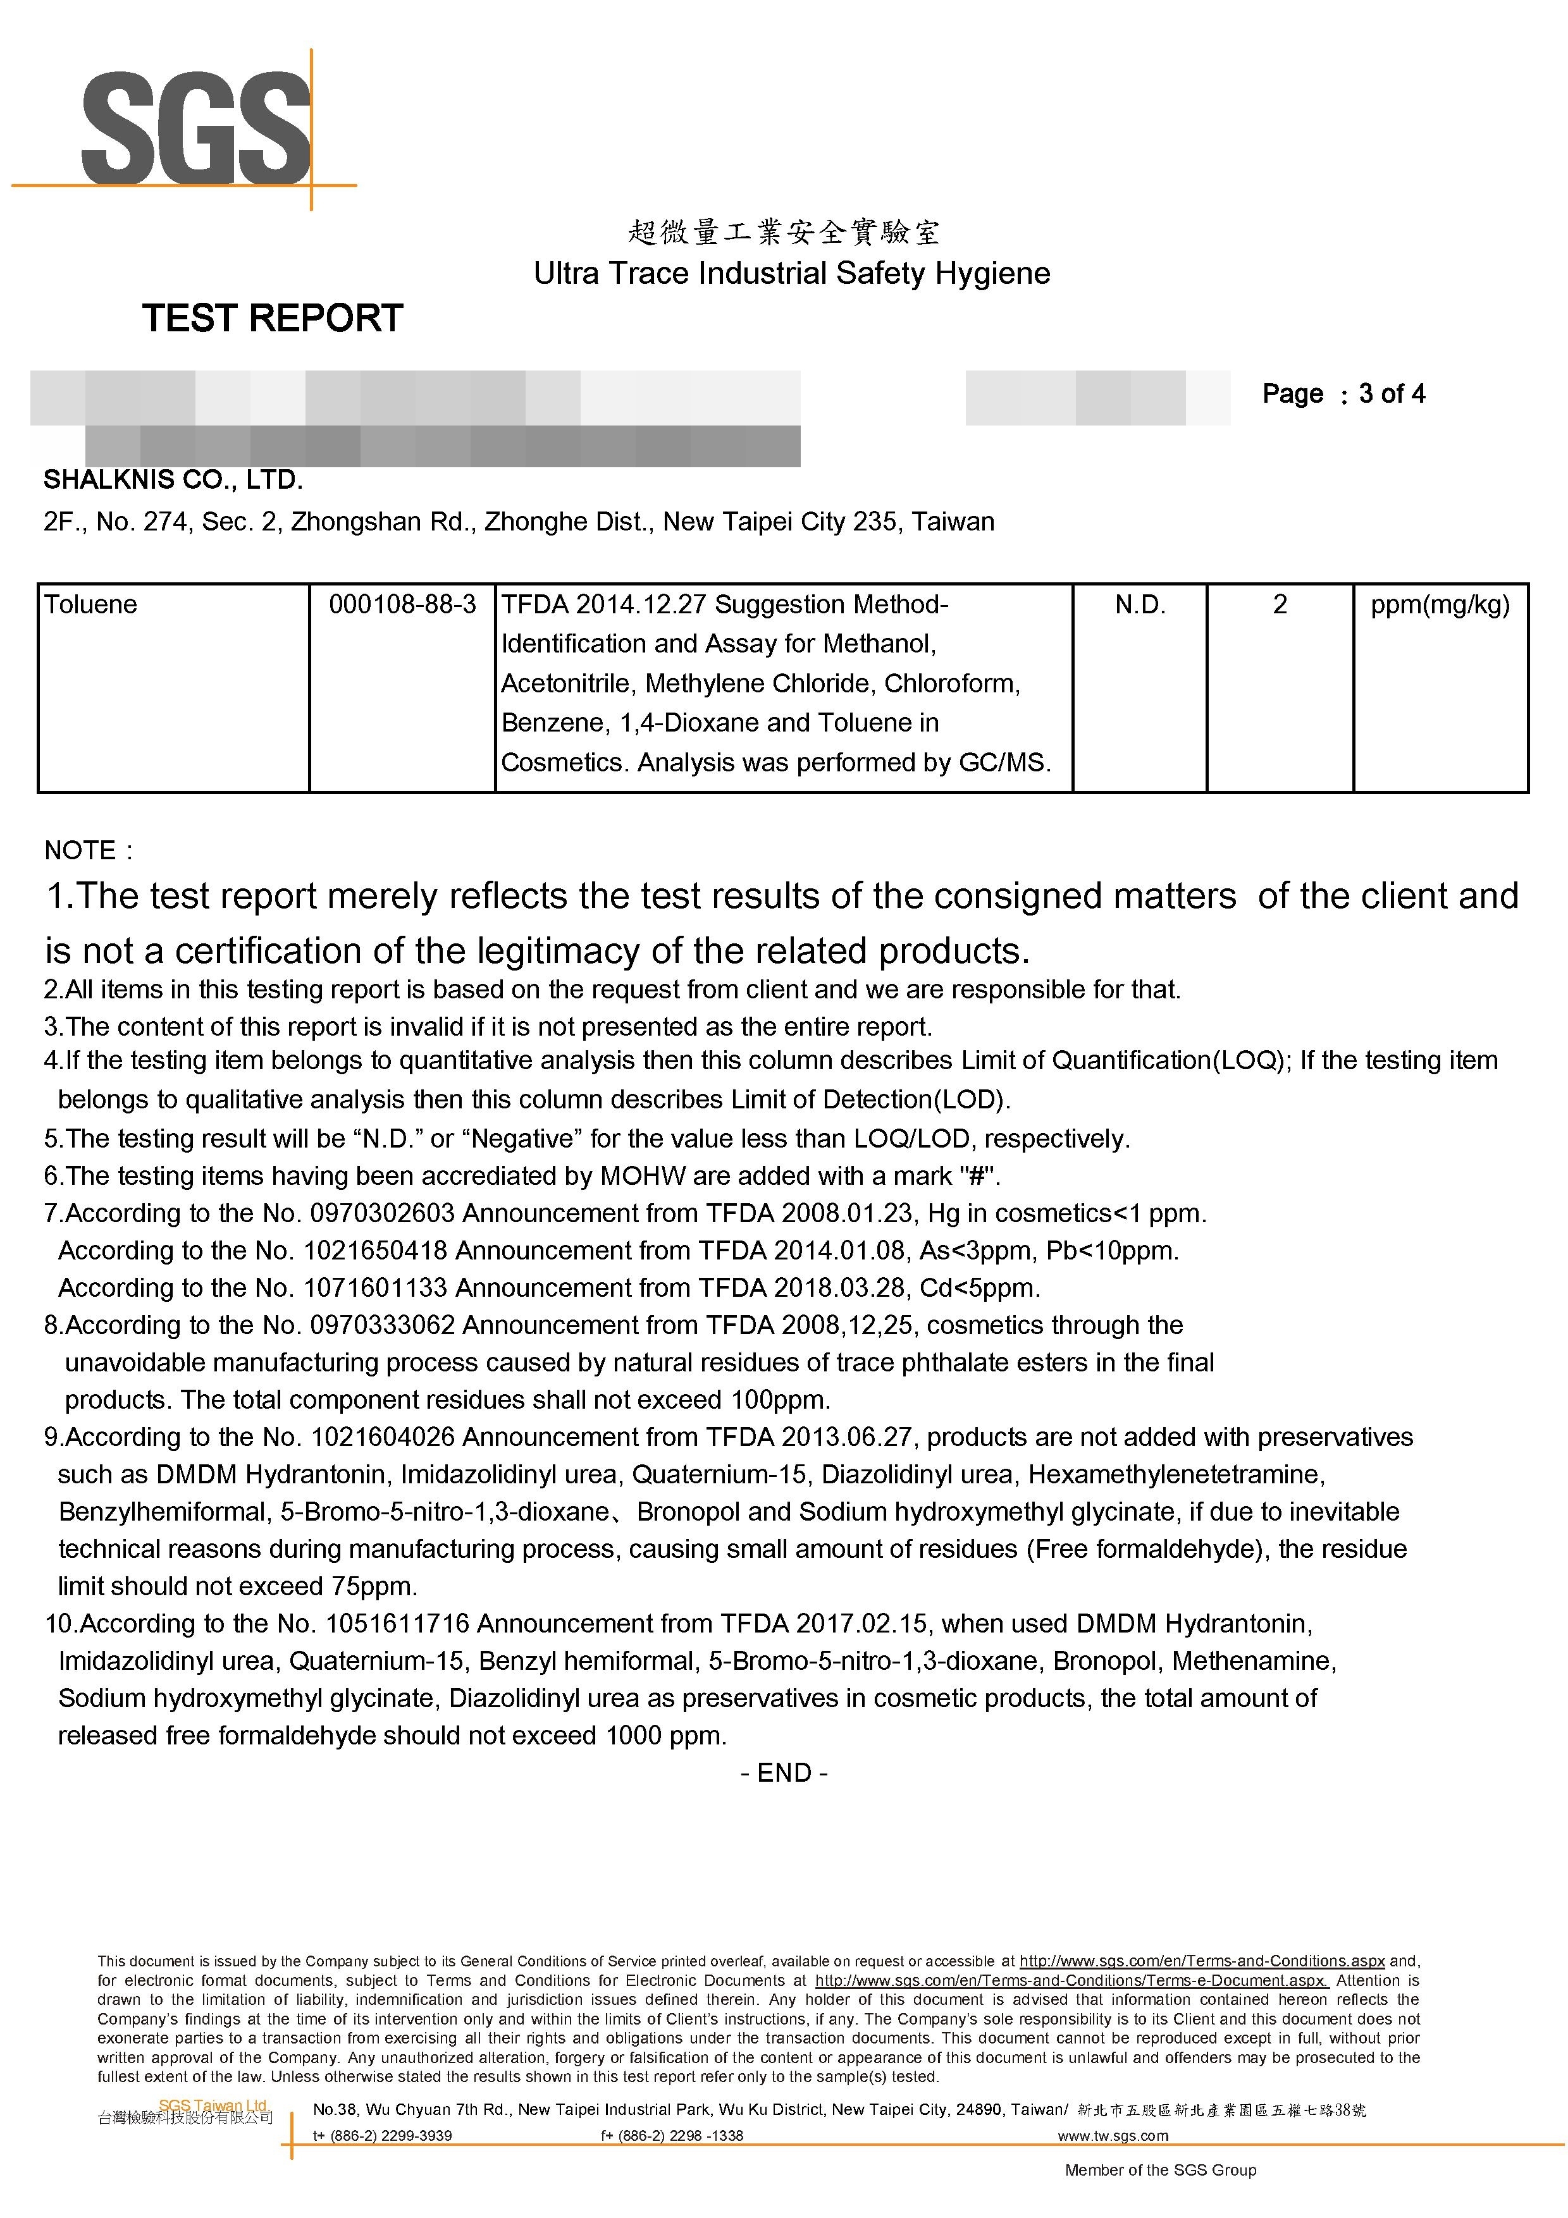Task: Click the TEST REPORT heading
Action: pos(273,318)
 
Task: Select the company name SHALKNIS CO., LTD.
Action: pos(173,479)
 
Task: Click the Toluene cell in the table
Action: pos(91,604)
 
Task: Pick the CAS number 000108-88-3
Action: pos(402,604)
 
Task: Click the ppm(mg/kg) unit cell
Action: pos(1440,604)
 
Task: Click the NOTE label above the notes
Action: pos(82,850)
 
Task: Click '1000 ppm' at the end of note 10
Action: pos(665,1736)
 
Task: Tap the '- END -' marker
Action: pos(784,1773)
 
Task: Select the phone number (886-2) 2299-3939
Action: pos(390,2136)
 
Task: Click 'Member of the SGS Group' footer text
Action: pos(1160,2171)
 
